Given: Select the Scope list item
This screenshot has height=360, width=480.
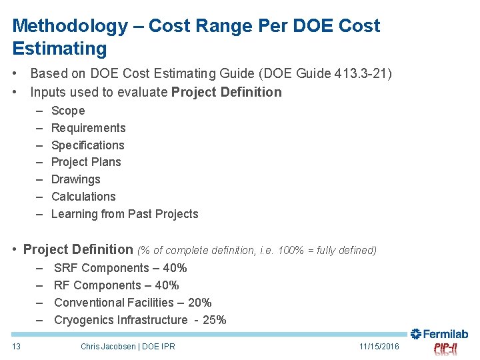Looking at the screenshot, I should tap(68, 111).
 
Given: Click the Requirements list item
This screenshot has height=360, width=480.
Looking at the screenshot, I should tap(88, 128).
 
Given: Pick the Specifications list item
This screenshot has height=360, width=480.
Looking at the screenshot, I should tap(87, 145).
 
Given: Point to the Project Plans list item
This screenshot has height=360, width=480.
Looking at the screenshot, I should tap(86, 162).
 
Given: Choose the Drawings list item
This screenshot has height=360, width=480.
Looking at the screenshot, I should tap(75, 179).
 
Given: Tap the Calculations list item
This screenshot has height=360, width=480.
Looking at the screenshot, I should tap(83, 197).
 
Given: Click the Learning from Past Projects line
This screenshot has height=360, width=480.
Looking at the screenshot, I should tap(125, 214).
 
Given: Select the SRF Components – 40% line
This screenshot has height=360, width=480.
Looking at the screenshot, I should tap(120, 268).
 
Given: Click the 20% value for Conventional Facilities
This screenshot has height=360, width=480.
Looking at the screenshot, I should tap(199, 303).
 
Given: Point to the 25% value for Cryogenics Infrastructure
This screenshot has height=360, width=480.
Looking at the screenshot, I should tap(214, 320).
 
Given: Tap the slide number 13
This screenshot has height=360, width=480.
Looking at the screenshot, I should tap(17, 346).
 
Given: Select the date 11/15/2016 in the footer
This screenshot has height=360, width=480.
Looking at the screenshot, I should tap(379, 346).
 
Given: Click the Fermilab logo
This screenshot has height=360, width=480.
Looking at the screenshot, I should tap(439, 334).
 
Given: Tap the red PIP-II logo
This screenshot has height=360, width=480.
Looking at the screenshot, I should tap(445, 349).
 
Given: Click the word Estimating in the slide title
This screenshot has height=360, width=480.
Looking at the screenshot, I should tap(59, 49).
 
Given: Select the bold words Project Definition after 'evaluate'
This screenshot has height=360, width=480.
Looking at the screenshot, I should tap(227, 92).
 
